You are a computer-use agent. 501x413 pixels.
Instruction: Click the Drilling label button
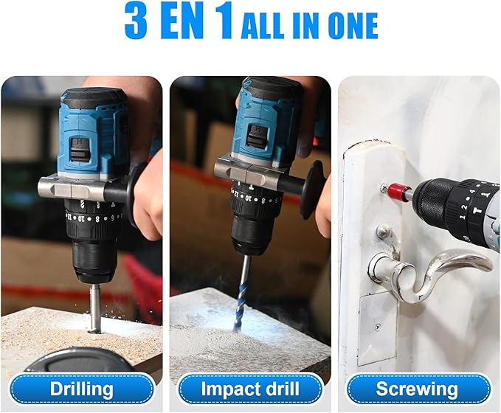[81, 389]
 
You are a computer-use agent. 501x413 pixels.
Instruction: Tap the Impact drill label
[250, 389]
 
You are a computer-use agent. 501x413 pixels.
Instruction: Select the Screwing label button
[417, 389]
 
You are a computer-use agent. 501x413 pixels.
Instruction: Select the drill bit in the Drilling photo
[94, 310]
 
